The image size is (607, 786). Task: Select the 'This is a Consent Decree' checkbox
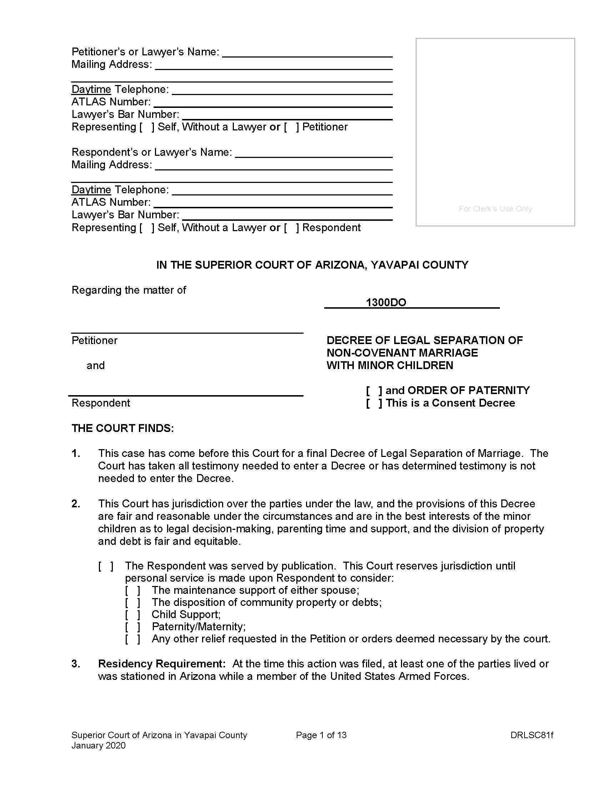[x=374, y=403]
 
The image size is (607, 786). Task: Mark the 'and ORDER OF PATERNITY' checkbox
[x=374, y=390]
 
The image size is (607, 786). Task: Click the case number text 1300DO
[x=386, y=302]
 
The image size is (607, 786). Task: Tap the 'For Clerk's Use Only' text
[x=495, y=209]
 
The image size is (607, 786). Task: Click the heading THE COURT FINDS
[x=122, y=428]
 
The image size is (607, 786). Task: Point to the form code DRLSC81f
[x=532, y=735]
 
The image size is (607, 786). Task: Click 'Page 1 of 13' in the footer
[x=321, y=735]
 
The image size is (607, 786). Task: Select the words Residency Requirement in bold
[x=161, y=664]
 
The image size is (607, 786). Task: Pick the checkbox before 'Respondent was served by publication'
[x=106, y=566]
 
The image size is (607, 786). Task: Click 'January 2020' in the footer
[x=99, y=745]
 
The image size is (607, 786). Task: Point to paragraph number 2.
[x=75, y=503]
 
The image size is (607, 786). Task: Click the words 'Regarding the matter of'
[x=129, y=290]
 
